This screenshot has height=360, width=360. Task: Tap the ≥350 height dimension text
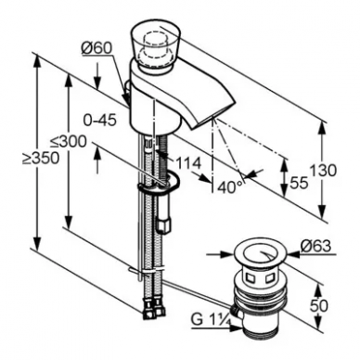point(42,158)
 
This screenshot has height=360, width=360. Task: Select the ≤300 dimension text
point(69,142)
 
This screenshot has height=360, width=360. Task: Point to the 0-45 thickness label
point(100,120)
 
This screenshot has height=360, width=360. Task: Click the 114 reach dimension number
point(188,162)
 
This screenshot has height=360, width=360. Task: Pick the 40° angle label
point(230,187)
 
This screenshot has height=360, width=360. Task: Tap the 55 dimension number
point(300,183)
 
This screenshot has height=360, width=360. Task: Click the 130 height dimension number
point(323,171)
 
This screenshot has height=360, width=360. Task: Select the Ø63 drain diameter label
point(315,247)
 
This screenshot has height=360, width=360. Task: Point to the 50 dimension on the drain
point(318,305)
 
